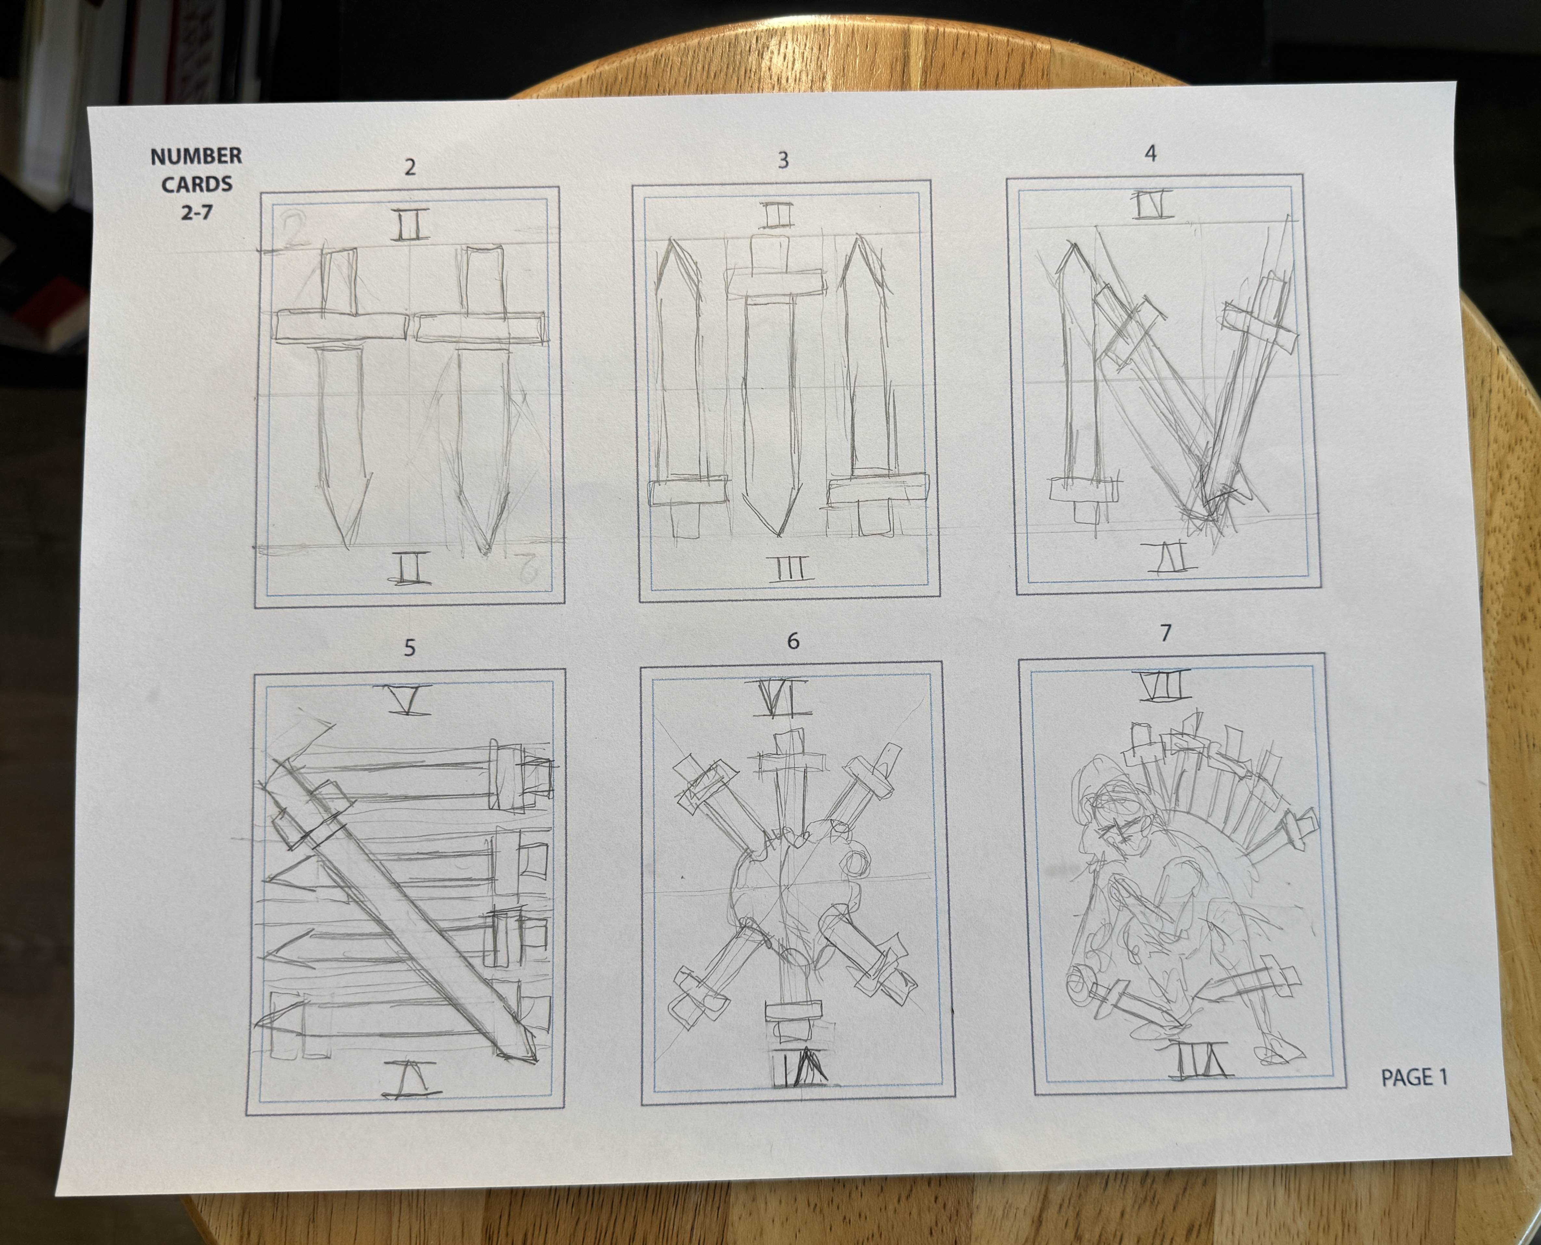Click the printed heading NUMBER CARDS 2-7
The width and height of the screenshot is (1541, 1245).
click(196, 184)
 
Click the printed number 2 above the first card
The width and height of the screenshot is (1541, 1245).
click(410, 167)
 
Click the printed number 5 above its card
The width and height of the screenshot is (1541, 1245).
click(409, 648)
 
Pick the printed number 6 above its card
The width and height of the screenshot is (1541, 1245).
click(793, 641)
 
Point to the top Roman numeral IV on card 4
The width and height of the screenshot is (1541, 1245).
click(1154, 205)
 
